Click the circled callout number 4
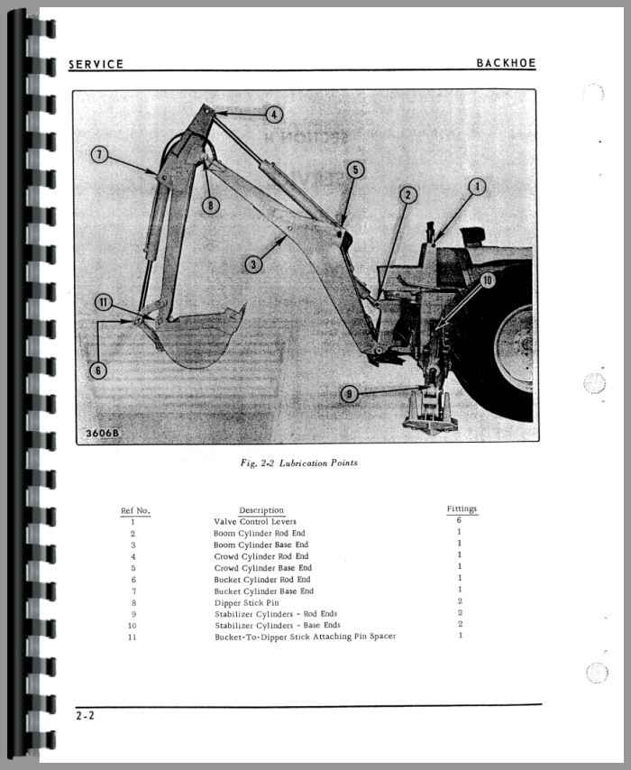pos(273,115)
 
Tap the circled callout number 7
pos(100,154)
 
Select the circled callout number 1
pos(477,187)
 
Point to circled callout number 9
pos(348,392)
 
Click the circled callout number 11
pos(104,302)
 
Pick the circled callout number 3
pos(254,263)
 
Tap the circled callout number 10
pos(487,280)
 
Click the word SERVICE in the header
pos(96,64)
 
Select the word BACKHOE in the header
pos(506,63)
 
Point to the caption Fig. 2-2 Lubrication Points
pos(298,463)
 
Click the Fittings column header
pos(462,509)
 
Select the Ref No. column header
pos(135,511)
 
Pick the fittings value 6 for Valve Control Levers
pos(460,520)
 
